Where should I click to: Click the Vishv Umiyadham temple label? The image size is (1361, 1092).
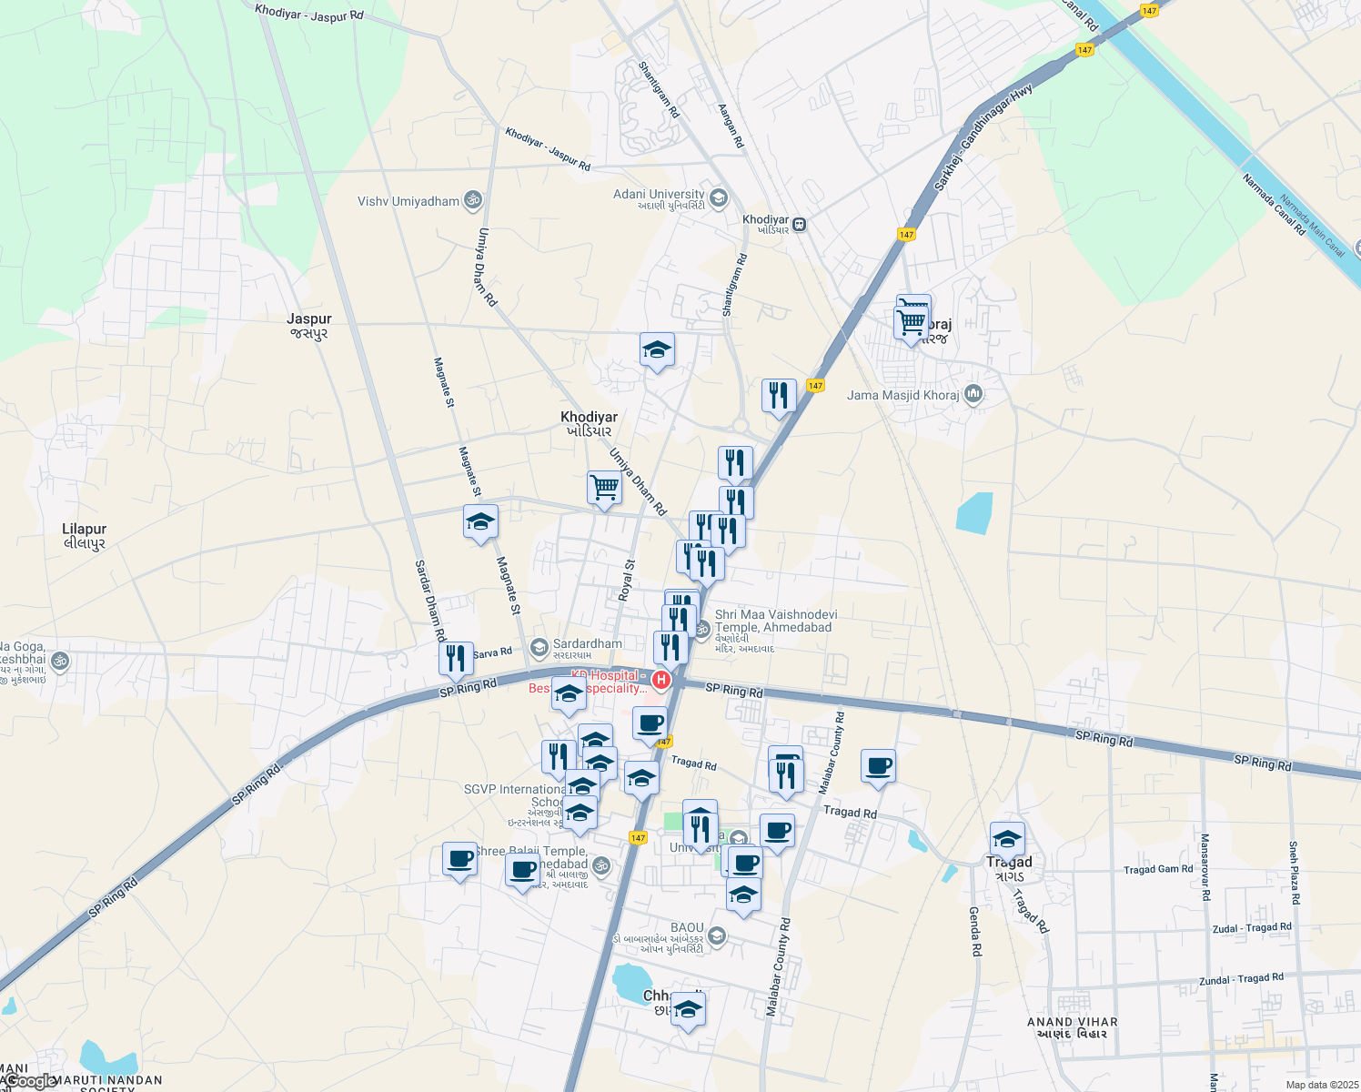click(x=408, y=201)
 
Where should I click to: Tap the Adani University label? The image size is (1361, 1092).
click(x=659, y=195)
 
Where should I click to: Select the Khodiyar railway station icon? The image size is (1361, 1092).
click(x=800, y=224)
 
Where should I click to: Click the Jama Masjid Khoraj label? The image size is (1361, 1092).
click(x=902, y=395)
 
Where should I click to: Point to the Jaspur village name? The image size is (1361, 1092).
click(x=308, y=319)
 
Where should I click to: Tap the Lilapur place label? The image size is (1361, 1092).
click(x=84, y=530)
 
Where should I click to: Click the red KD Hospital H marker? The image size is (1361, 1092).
click(x=661, y=680)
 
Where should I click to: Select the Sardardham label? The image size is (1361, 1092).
click(x=588, y=643)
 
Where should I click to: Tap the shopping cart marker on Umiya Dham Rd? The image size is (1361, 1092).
click(x=604, y=488)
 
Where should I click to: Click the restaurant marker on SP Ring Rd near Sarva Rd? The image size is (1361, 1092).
click(x=456, y=657)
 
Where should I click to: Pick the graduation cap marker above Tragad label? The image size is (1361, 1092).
click(x=1007, y=838)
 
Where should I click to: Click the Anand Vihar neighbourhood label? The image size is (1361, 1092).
click(x=1073, y=1022)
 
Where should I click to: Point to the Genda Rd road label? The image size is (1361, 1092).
click(x=974, y=931)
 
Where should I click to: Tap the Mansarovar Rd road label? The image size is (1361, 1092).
click(x=1205, y=866)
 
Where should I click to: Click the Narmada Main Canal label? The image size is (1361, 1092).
click(x=1311, y=226)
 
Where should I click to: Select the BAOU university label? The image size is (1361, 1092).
click(x=687, y=928)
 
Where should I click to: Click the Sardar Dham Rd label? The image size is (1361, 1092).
click(x=429, y=601)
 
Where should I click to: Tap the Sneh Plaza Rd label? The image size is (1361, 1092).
click(x=1293, y=873)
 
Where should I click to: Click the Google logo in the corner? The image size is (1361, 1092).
click(x=29, y=1081)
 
